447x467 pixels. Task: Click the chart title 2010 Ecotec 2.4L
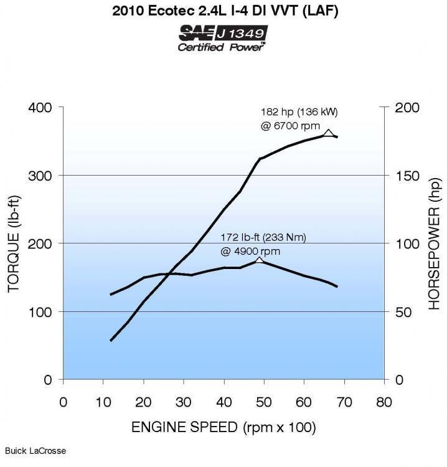pos(223,11)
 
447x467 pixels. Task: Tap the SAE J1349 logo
pos(223,32)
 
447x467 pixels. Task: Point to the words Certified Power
pos(222,47)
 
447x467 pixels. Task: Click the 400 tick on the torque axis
pos(40,108)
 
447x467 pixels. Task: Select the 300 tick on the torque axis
pos(40,176)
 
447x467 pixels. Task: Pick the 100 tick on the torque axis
pos(40,311)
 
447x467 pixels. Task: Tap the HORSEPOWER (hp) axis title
pos(435,243)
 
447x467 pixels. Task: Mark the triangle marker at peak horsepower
pos(329,133)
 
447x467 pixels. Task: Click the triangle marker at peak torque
pos(260,260)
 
